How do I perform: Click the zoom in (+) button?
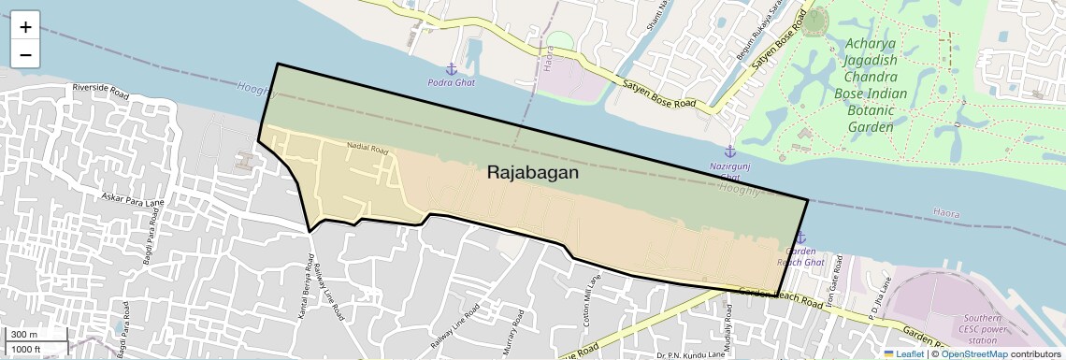point(25,27)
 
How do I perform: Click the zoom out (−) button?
point(25,55)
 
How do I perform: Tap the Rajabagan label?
point(533,173)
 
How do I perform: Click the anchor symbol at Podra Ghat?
point(450,69)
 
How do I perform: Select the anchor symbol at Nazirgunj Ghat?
point(729,151)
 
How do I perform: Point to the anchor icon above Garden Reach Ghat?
point(799,238)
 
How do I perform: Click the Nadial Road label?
point(367,148)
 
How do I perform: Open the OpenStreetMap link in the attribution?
point(973,353)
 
